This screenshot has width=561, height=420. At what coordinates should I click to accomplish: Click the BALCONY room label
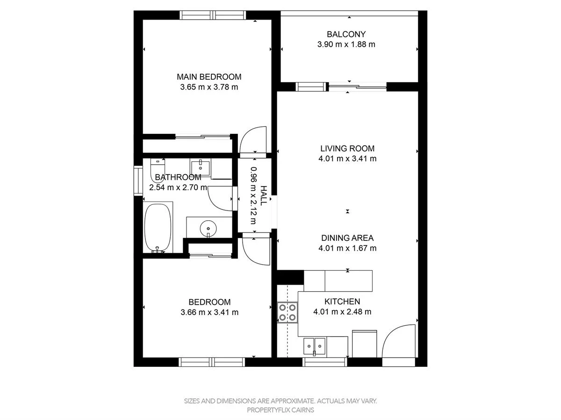click(346, 34)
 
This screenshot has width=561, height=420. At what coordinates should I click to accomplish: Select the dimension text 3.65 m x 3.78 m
click(209, 87)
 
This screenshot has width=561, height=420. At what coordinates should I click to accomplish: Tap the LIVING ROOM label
click(347, 148)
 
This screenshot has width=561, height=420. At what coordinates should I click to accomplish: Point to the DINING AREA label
click(347, 238)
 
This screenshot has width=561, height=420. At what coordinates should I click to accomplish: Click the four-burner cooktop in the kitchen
click(288, 312)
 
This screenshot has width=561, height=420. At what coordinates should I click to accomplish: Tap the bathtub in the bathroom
click(158, 228)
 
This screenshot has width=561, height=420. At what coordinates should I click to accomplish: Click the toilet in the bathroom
click(157, 169)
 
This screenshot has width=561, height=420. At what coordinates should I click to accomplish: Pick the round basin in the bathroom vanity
click(209, 228)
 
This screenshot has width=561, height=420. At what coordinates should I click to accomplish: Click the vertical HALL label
click(264, 196)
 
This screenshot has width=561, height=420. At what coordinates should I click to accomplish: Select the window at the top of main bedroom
click(213, 15)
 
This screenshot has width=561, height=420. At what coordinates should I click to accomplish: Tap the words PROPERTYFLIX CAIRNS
click(280, 410)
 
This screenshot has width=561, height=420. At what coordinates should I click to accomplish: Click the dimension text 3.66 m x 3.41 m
click(209, 312)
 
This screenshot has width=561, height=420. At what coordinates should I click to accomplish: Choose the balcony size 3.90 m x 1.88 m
click(346, 45)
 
